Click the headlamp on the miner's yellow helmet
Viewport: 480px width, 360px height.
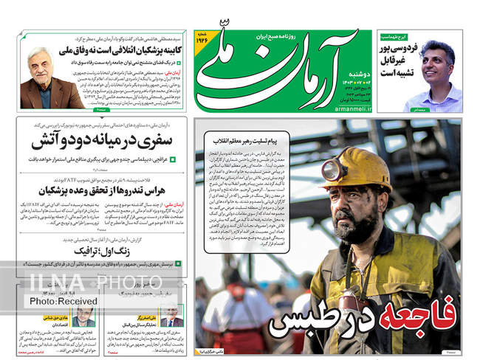click(335, 170)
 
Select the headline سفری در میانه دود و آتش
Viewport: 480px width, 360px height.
click(100, 139)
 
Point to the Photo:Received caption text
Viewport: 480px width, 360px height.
click(64, 301)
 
